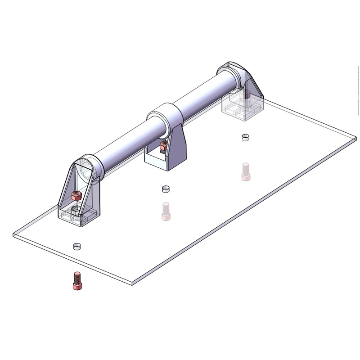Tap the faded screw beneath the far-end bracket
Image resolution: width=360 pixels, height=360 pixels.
point(245,171)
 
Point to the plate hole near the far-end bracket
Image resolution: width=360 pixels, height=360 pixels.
point(245,137)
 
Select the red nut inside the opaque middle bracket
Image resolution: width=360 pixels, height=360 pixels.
point(164,145)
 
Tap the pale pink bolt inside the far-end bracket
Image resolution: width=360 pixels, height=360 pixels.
point(247,94)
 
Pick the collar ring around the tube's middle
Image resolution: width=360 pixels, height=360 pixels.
point(165,117)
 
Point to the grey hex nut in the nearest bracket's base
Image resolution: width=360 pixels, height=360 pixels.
point(76,210)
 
